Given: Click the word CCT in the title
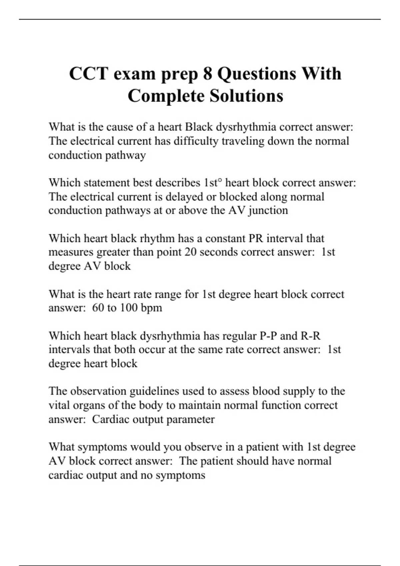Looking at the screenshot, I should [x=88, y=74].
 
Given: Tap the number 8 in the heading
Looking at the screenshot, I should [x=207, y=74].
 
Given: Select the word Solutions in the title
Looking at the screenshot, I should [x=246, y=96].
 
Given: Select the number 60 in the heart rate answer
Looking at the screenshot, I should [x=98, y=308].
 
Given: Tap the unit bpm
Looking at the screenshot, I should [x=151, y=308].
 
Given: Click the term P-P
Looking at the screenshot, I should [x=268, y=336].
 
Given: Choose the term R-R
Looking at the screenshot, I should [x=310, y=336].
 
